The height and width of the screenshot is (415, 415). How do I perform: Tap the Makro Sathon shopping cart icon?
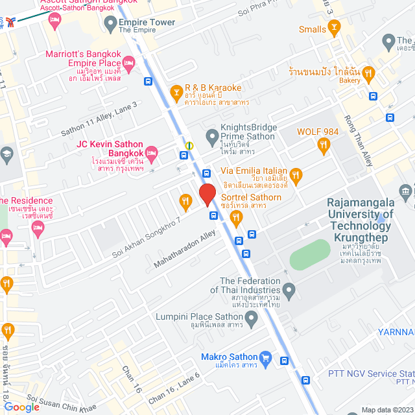click(x=265, y=357)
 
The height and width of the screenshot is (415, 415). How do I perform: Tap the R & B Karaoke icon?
click(x=175, y=93)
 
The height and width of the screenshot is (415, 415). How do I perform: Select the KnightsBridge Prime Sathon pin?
click(x=211, y=137)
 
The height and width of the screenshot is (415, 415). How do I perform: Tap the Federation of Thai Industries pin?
click(x=290, y=290)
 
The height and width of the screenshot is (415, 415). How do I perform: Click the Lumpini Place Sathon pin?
click(x=252, y=317)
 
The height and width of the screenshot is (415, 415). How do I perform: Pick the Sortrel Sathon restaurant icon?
click(x=236, y=219)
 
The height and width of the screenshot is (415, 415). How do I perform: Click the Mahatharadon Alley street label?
click(x=184, y=251)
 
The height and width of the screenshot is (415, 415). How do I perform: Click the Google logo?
click(x=21, y=407)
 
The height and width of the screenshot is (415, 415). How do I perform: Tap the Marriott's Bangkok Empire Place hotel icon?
click(x=128, y=63)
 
